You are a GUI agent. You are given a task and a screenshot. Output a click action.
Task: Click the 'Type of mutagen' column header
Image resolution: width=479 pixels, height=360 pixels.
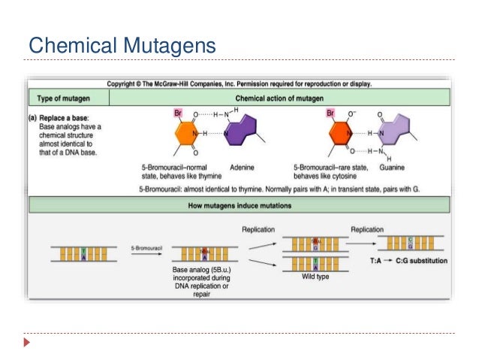pos(65,98)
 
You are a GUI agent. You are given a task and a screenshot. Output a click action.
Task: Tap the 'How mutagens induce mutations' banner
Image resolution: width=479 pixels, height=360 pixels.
pos(239,204)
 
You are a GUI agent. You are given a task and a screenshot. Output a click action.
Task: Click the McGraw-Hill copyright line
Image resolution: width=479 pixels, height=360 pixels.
pos(239,83)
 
